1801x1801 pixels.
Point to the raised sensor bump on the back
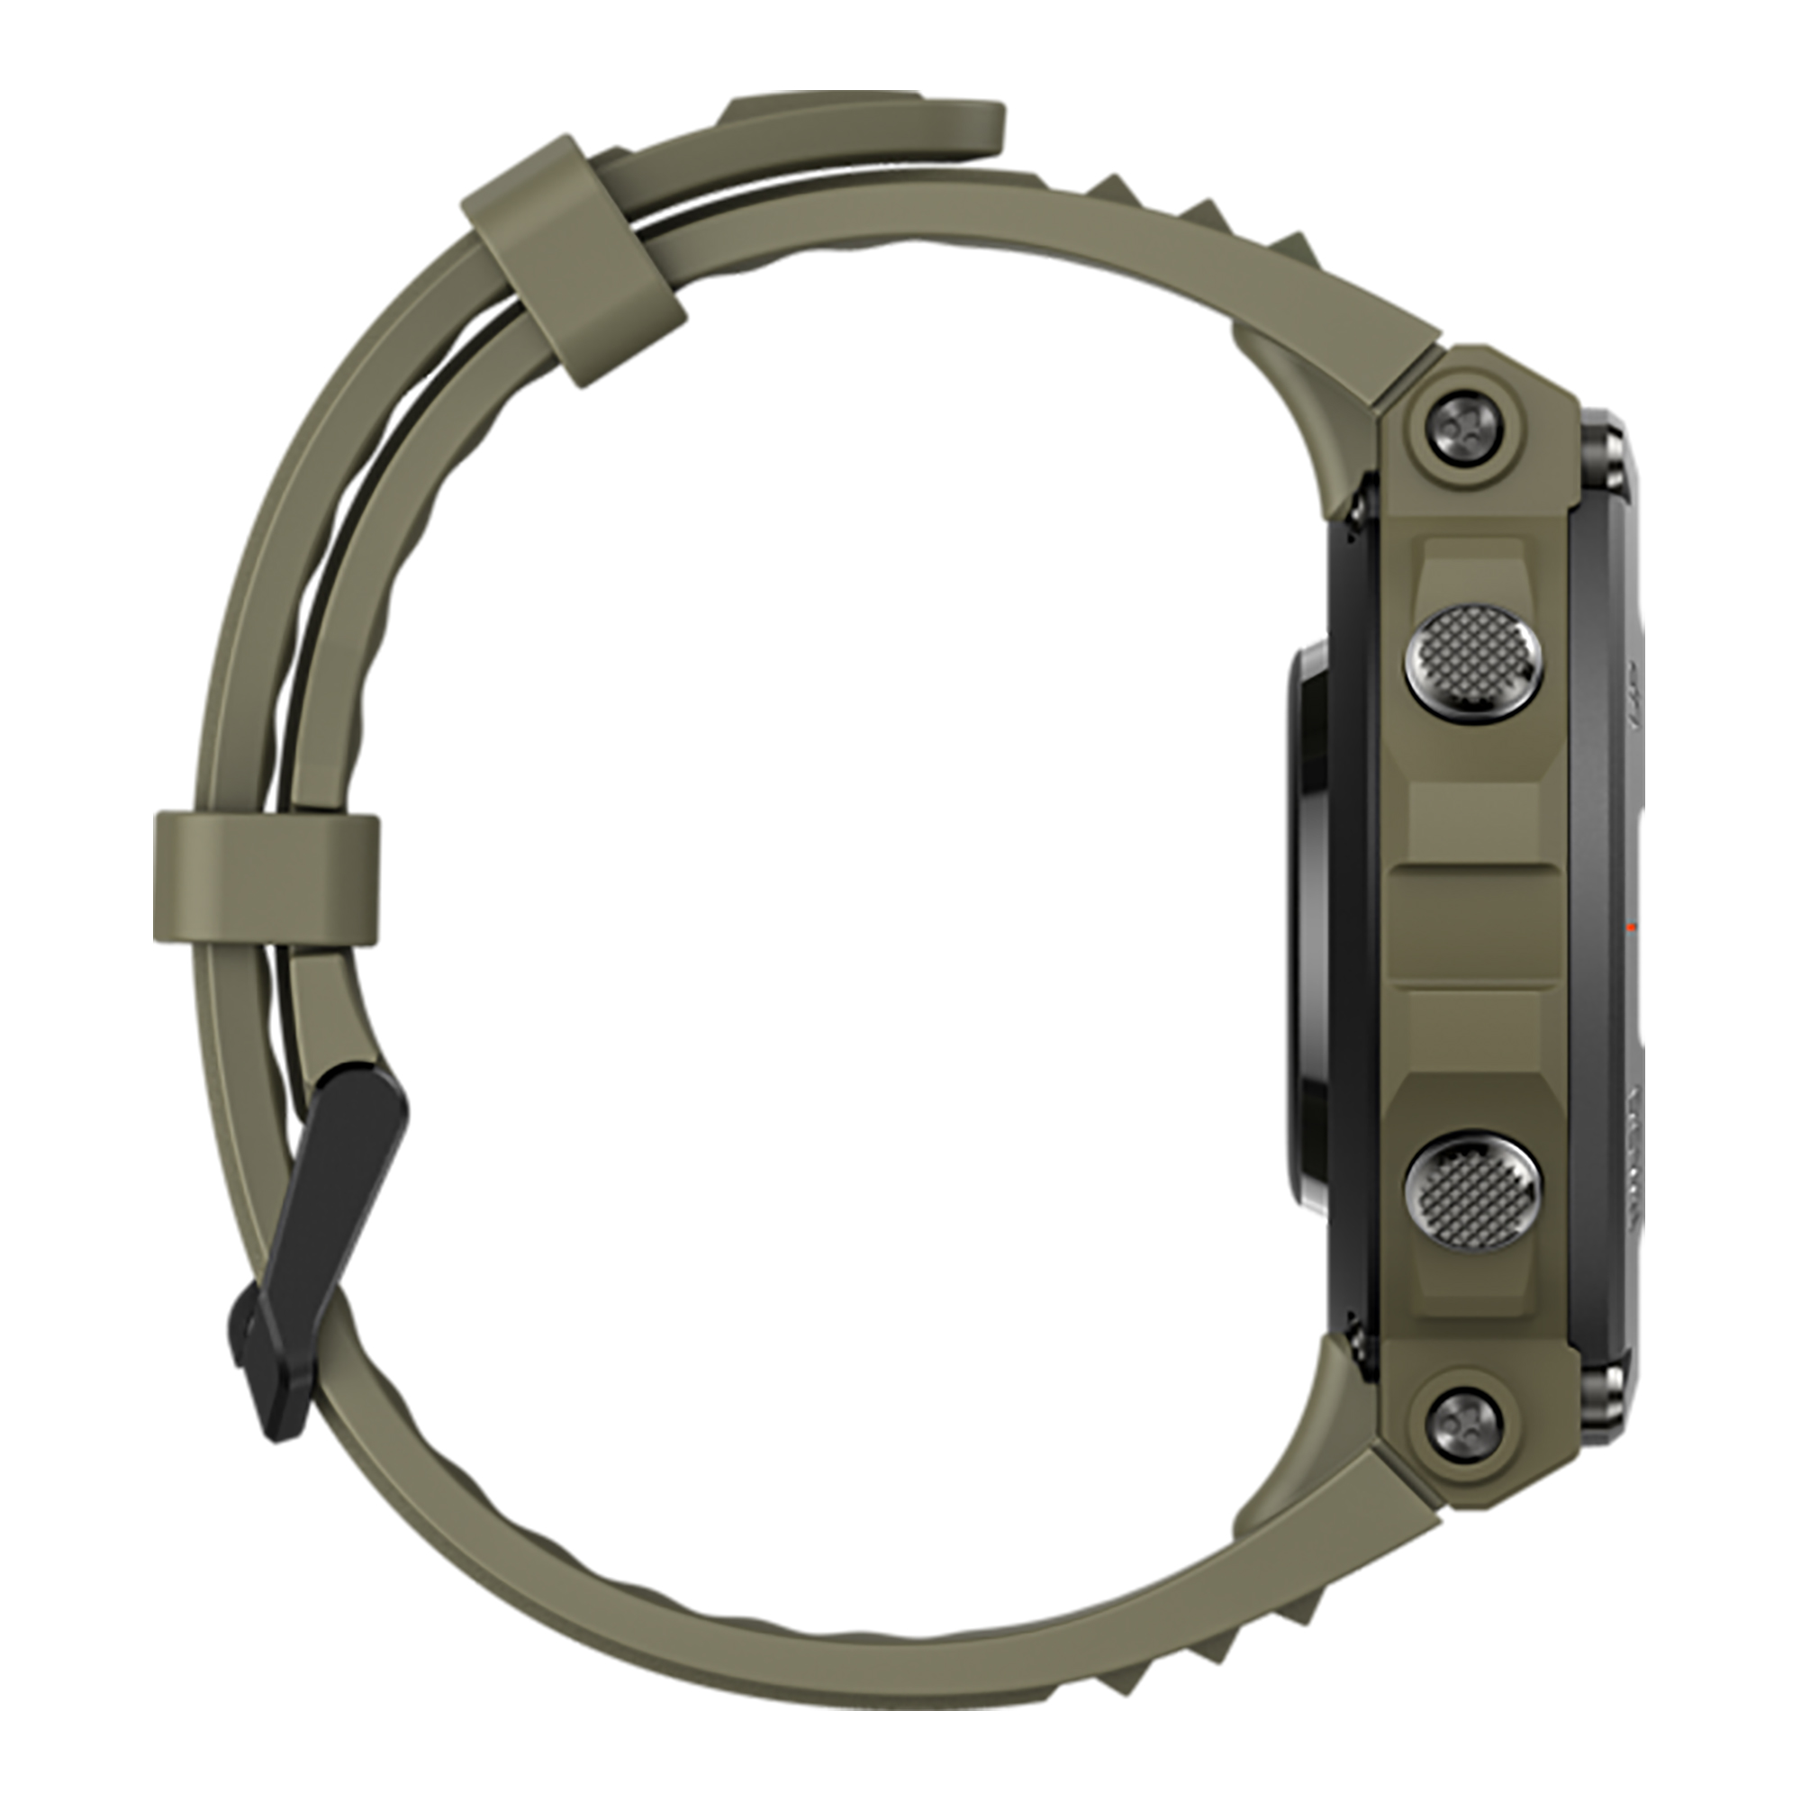(x=1310, y=923)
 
